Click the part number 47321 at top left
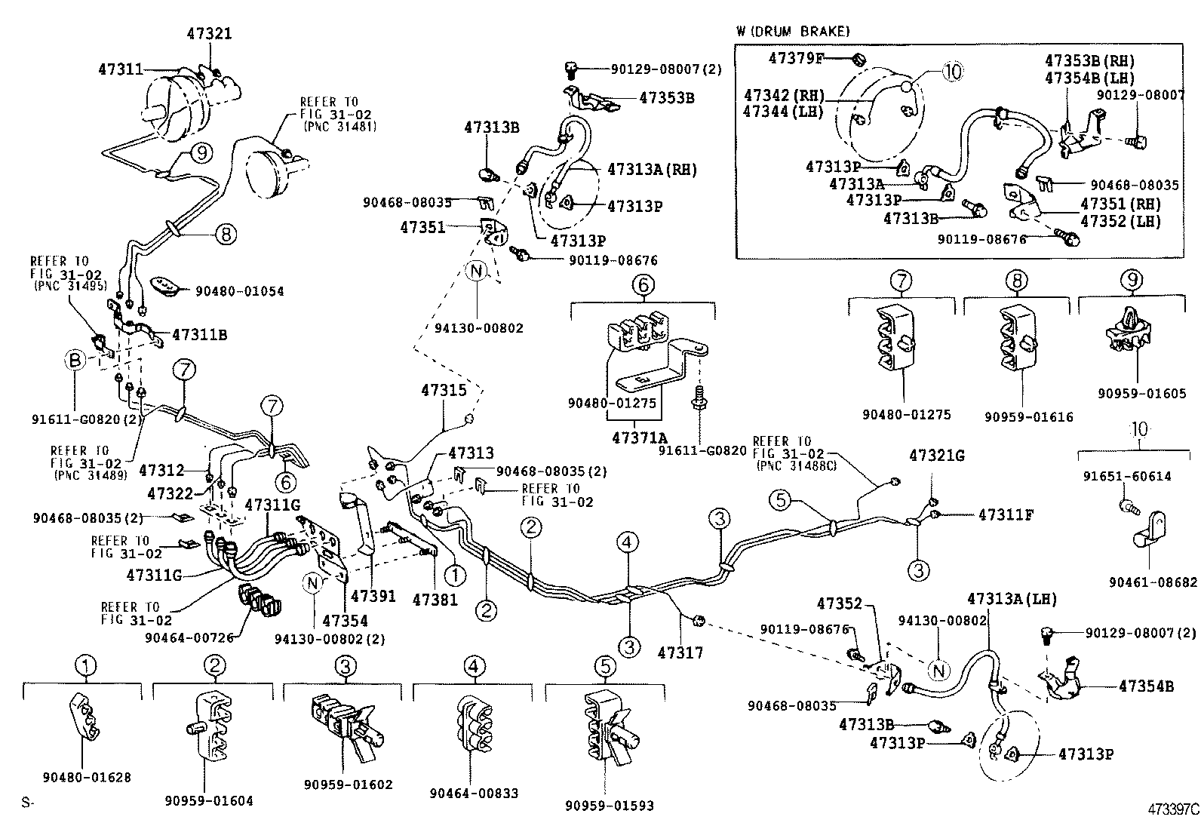(209, 33)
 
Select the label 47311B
(200, 334)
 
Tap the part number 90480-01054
(240, 291)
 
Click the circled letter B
(75, 361)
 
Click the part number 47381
(435, 599)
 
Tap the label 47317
(680, 651)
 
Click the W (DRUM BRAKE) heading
(792, 32)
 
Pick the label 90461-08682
(1153, 582)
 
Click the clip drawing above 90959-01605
(1130, 333)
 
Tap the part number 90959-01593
(609, 806)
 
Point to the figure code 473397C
(1172, 810)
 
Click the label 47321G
(936, 456)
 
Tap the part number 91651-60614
(1127, 476)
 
